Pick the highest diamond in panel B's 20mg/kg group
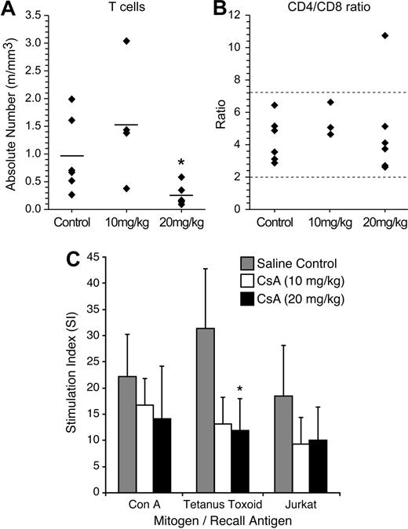pos(385,35)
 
